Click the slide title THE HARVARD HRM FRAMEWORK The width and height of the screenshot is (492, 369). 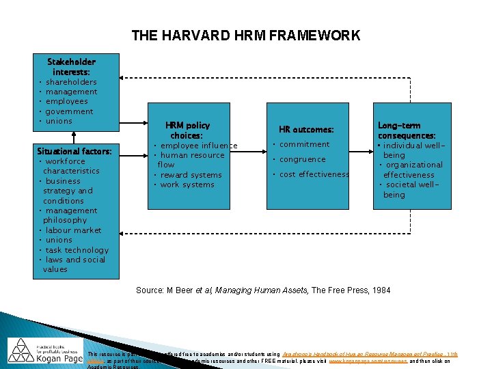(x=245, y=36)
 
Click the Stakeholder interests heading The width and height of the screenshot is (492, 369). (x=71, y=66)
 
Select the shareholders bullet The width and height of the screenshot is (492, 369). (x=71, y=82)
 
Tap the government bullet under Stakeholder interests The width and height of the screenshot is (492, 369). (x=69, y=111)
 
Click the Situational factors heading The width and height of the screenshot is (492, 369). (x=69, y=151)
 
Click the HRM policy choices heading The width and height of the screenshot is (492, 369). (x=187, y=130)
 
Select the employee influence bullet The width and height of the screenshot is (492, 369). (x=199, y=146)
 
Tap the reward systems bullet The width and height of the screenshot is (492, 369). (x=191, y=175)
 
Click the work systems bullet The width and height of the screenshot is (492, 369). (x=187, y=184)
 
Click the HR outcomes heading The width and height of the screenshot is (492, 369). (x=306, y=130)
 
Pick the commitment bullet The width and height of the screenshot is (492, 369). (x=304, y=145)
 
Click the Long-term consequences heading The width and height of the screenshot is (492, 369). (x=407, y=131)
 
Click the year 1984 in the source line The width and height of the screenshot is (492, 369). (x=381, y=290)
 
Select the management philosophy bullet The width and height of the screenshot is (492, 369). (x=71, y=215)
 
